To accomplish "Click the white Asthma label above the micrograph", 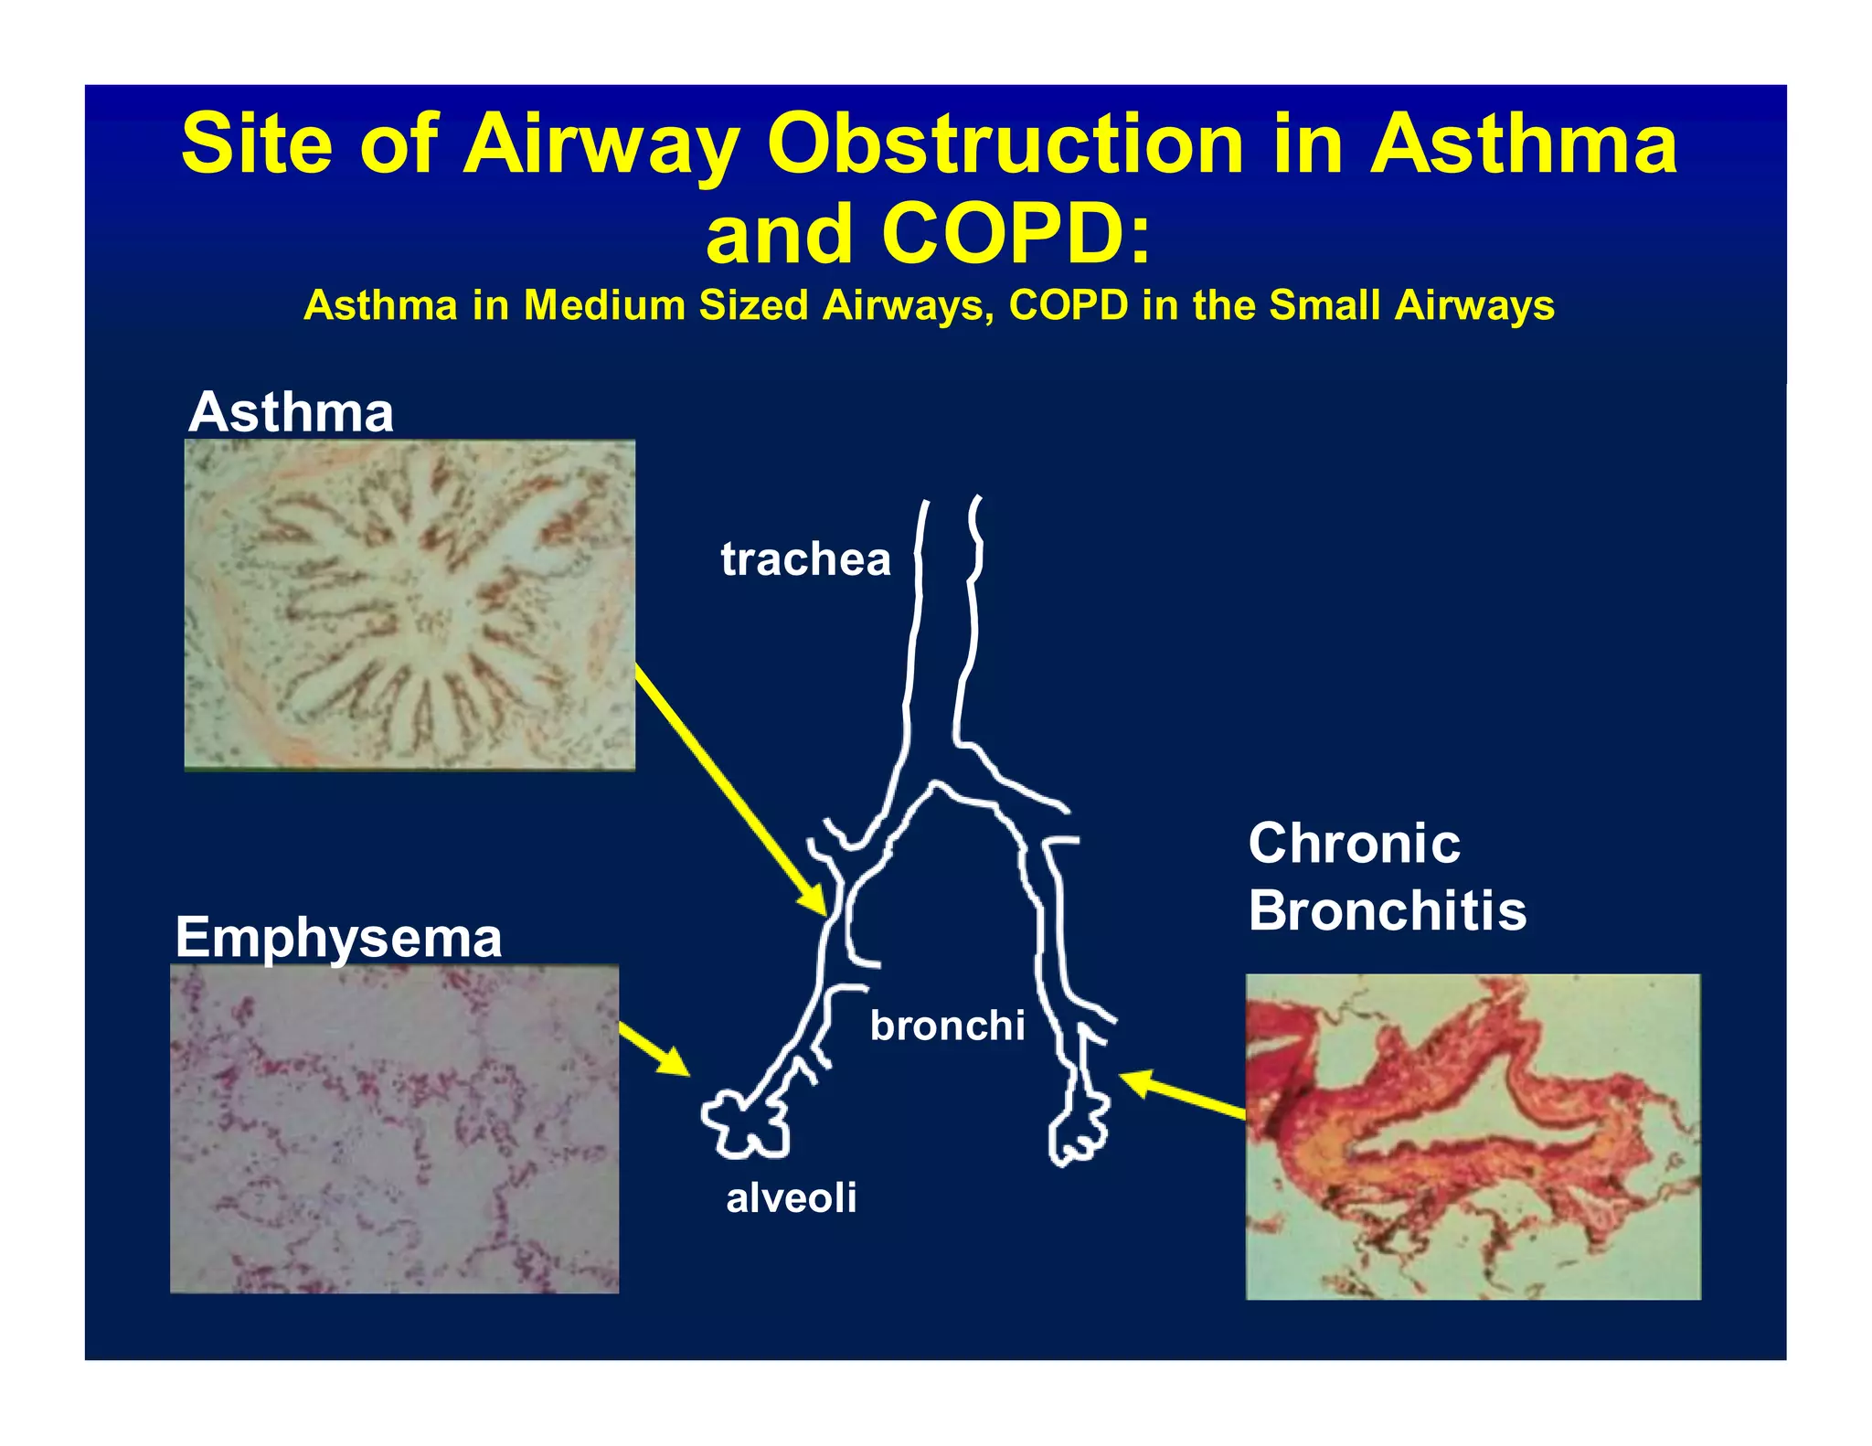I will click(x=291, y=412).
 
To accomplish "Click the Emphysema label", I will click(x=338, y=938).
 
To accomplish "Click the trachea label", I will click(x=804, y=558).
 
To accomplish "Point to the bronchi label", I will click(x=947, y=1026).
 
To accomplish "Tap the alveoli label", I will click(x=792, y=1197).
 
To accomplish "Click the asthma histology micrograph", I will click(x=409, y=604).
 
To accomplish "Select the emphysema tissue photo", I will click(x=394, y=1129).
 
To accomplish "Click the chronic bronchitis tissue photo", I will click(x=1473, y=1136).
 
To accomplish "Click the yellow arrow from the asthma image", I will click(x=731, y=790).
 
